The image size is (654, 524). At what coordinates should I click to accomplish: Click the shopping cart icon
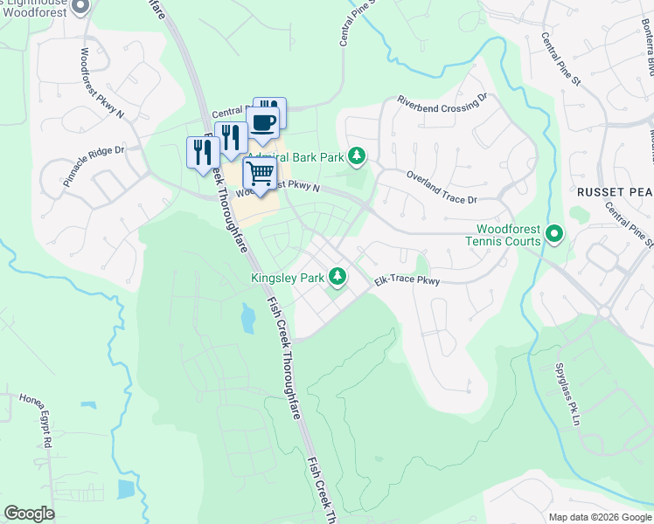[260, 174]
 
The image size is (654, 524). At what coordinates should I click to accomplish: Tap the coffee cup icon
[262, 123]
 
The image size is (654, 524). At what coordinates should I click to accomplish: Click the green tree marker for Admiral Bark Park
[356, 156]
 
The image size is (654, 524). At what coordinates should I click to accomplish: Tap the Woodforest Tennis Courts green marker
[553, 233]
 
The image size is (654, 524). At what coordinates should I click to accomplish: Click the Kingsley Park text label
[287, 279]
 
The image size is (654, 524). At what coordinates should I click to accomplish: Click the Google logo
[29, 514]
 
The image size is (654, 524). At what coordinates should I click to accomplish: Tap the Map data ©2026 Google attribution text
[599, 517]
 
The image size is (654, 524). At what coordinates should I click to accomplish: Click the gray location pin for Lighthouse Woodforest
[80, 7]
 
